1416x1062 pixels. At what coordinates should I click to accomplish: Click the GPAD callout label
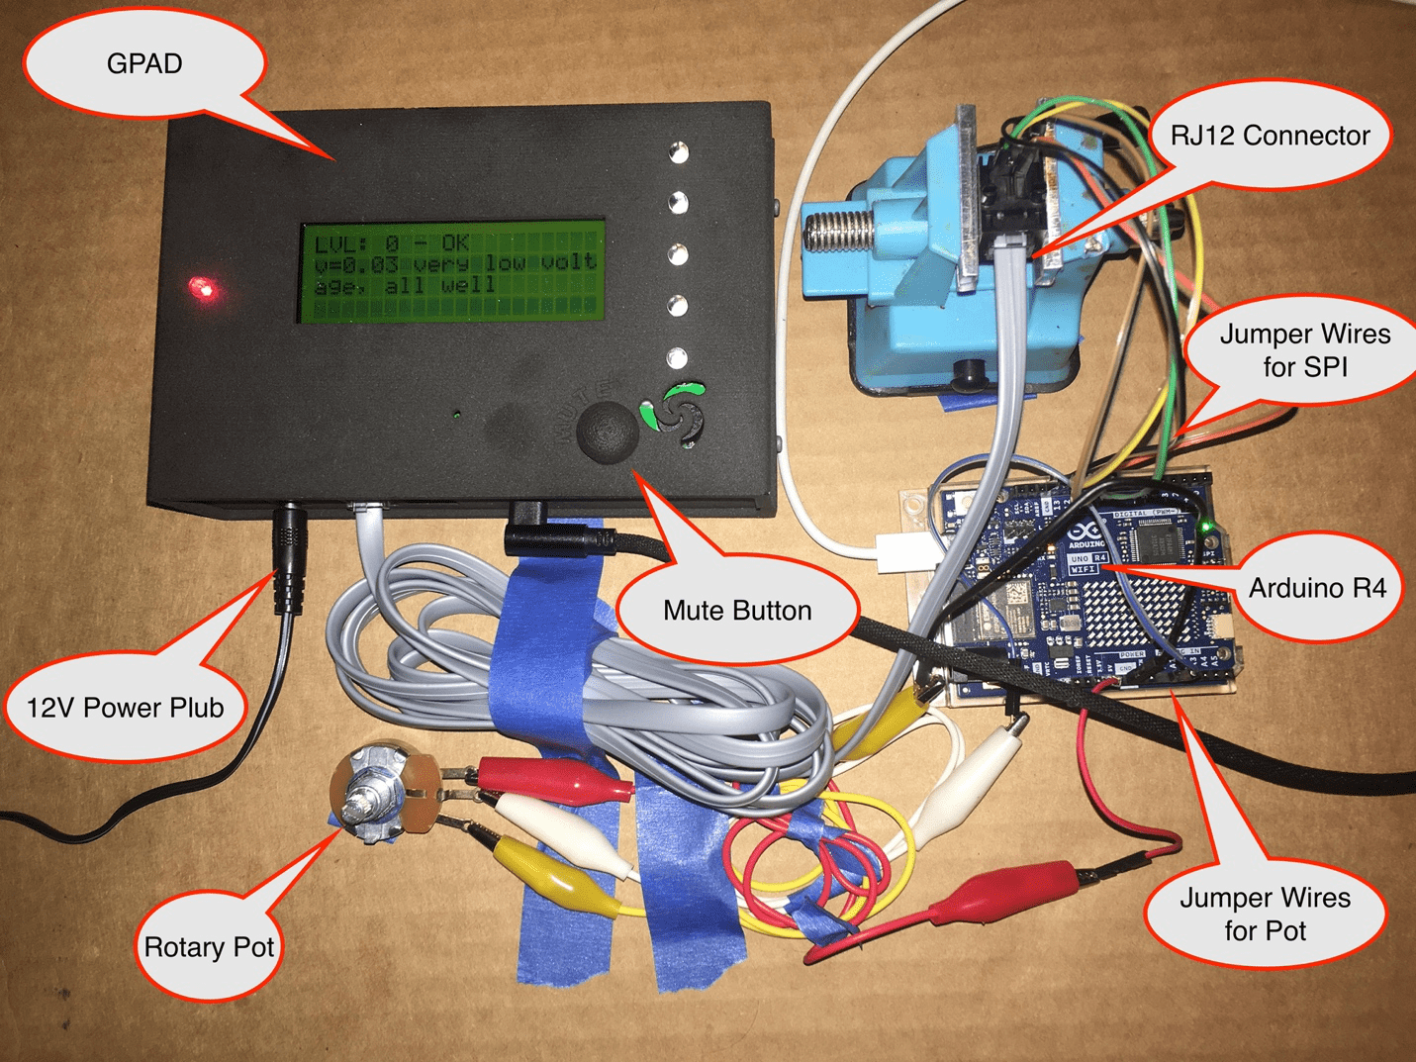(x=144, y=64)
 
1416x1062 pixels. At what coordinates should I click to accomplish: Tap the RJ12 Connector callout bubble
(x=1270, y=136)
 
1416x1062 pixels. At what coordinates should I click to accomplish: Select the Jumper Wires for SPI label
(x=1304, y=350)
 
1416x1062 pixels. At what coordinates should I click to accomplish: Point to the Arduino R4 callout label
(x=1317, y=588)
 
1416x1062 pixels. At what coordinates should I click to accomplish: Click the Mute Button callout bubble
(x=736, y=610)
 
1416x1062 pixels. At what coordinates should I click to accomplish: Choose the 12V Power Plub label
(x=125, y=707)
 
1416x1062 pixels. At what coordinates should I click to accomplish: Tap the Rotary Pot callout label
(x=209, y=947)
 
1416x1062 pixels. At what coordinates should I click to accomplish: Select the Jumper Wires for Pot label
(x=1265, y=914)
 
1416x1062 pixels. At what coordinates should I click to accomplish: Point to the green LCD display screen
(x=452, y=271)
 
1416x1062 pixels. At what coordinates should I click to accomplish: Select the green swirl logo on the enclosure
(x=679, y=411)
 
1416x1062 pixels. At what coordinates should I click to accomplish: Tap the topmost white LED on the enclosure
(x=678, y=152)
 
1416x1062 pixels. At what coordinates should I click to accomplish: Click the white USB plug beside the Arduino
(x=900, y=552)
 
